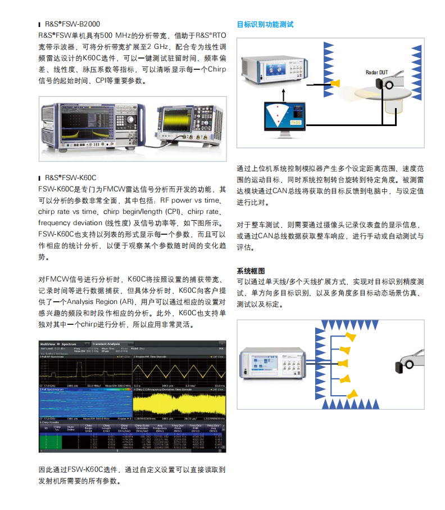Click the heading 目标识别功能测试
[265, 25]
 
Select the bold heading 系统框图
[251, 271]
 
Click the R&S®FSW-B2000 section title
[72, 25]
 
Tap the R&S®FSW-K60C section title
[71, 177]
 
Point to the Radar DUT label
[376, 73]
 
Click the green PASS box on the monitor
[296, 120]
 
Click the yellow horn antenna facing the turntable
[335, 83]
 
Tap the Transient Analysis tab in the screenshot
[107, 343]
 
